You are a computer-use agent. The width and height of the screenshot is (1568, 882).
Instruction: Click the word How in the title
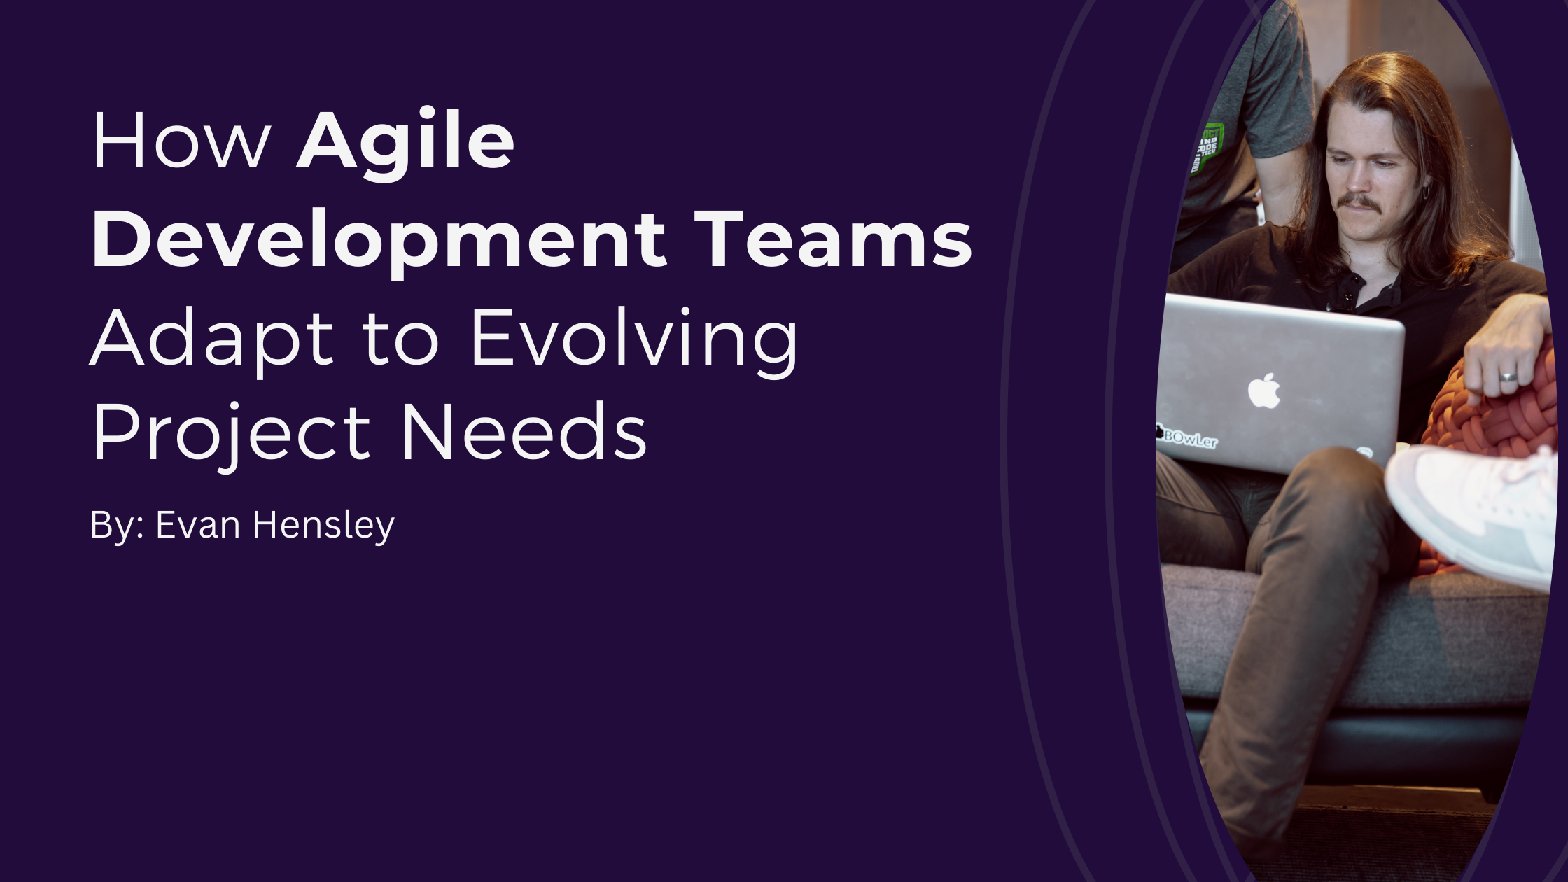point(181,141)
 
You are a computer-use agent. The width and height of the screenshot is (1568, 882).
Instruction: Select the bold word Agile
point(406,141)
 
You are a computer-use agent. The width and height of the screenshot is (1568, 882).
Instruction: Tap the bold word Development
point(379,239)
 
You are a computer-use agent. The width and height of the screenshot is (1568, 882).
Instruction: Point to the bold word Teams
point(833,239)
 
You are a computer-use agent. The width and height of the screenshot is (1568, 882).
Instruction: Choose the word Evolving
point(634,339)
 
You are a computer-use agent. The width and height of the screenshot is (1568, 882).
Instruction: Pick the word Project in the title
point(230,434)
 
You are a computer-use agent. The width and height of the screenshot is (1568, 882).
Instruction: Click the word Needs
point(524,434)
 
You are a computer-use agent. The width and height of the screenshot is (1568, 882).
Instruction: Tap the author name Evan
point(198,525)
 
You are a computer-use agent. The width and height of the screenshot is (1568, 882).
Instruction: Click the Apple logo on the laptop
point(1264,391)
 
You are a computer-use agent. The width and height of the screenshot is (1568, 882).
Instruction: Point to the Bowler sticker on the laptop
point(1189,438)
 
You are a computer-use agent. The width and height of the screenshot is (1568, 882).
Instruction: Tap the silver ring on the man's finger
point(1508,377)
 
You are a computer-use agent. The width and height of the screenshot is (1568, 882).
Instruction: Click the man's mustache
point(1358,202)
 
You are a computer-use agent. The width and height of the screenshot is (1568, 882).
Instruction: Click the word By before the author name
point(112,525)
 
